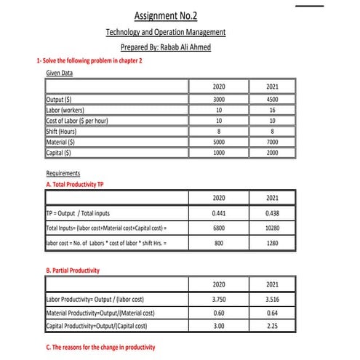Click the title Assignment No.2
167,15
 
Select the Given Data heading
60,73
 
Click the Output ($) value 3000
218,100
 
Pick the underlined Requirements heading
63,175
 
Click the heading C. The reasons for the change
100,347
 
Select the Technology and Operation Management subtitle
166,32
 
